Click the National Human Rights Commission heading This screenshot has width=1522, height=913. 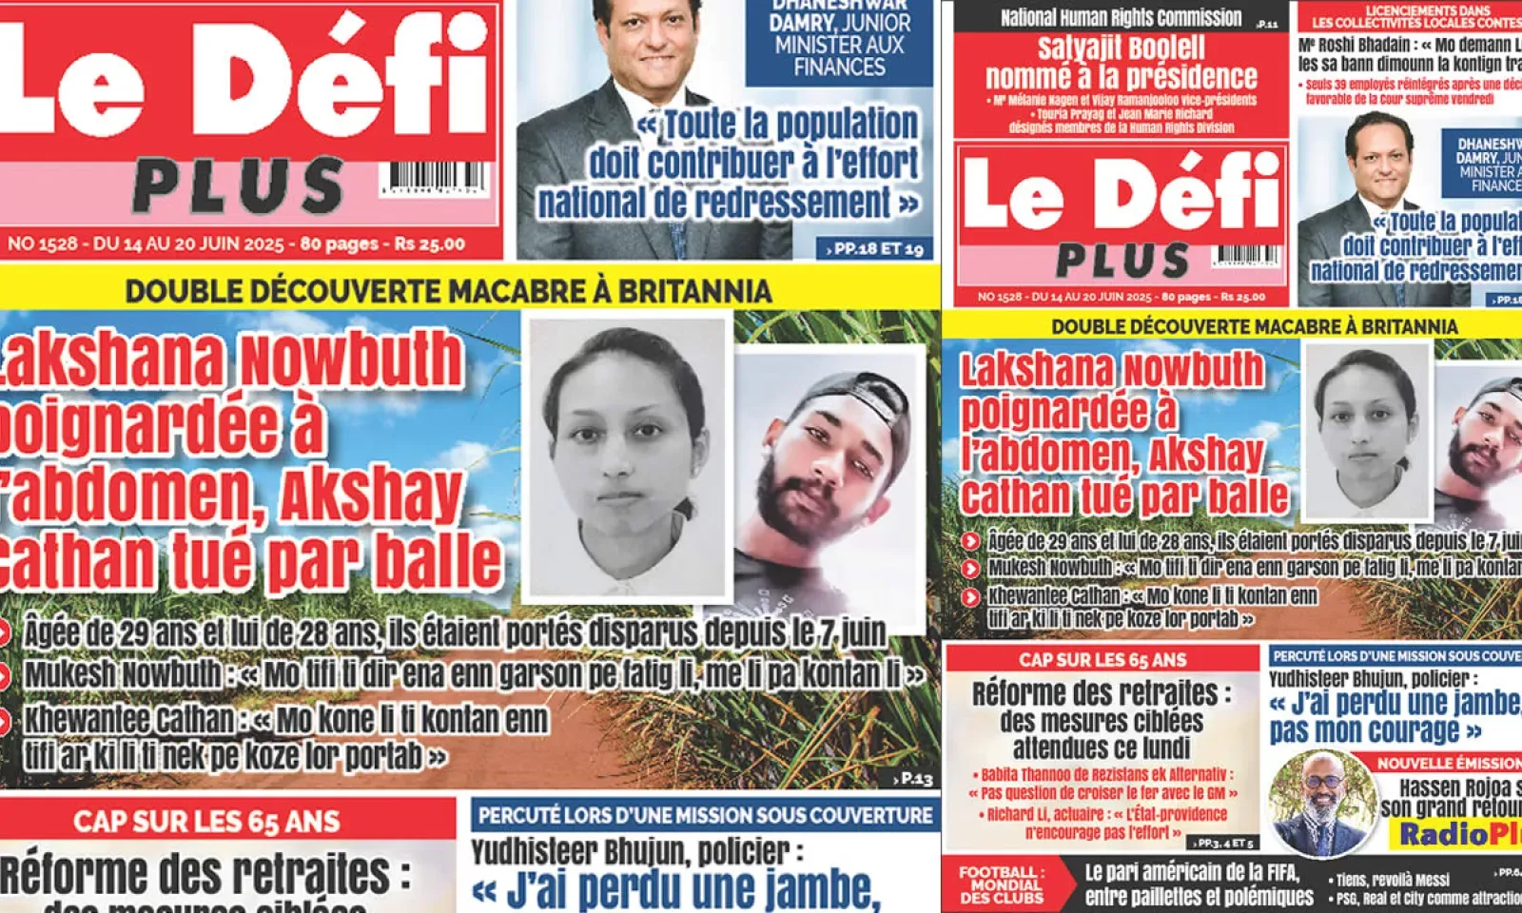coord(1121,17)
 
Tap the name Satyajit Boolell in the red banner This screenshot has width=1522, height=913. coord(1121,48)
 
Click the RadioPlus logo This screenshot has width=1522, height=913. coord(1460,835)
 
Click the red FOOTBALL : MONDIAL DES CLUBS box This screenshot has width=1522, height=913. coord(1000,884)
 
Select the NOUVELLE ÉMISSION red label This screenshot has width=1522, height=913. coord(1449,763)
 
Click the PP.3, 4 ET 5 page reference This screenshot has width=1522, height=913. coord(1225,843)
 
